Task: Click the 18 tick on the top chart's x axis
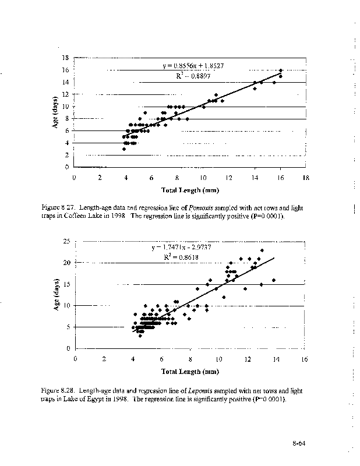pyautogui.click(x=306, y=178)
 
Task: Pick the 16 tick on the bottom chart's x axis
pyautogui.click(x=305, y=359)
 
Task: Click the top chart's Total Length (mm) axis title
pyautogui.click(x=190, y=190)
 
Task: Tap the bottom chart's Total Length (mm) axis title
pyautogui.click(x=190, y=371)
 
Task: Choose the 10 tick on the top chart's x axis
pyautogui.click(x=203, y=178)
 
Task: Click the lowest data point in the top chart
pyautogui.click(x=124, y=149)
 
